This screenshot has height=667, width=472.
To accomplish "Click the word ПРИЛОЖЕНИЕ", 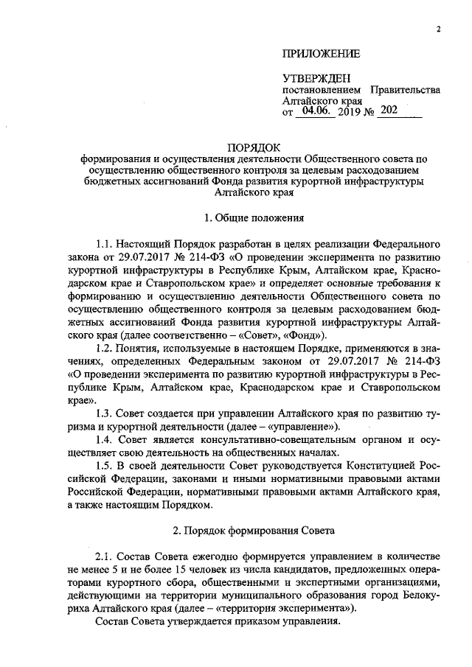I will [322, 53].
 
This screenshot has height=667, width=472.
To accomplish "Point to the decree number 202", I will [390, 111].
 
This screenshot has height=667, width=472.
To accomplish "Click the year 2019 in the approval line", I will [350, 112].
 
